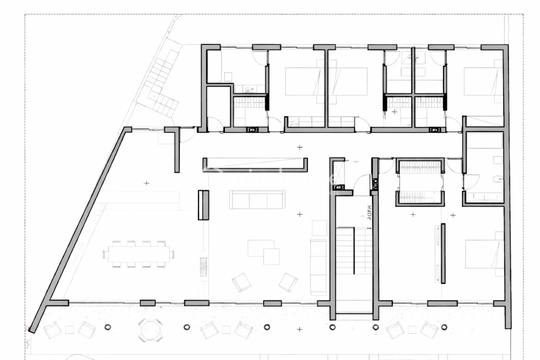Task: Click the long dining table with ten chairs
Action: click(138, 254)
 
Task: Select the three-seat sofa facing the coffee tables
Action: click(257, 199)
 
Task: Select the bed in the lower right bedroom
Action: click(484, 254)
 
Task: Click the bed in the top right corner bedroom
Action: click(483, 81)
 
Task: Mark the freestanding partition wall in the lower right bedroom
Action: click(442, 253)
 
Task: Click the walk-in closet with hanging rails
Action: click(420, 182)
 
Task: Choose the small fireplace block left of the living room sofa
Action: click(203, 205)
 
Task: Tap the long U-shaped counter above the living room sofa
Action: click(255, 165)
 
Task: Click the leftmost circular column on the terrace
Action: click(107, 327)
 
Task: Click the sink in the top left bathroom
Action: click(249, 89)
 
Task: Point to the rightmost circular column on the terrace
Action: click(443, 327)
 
